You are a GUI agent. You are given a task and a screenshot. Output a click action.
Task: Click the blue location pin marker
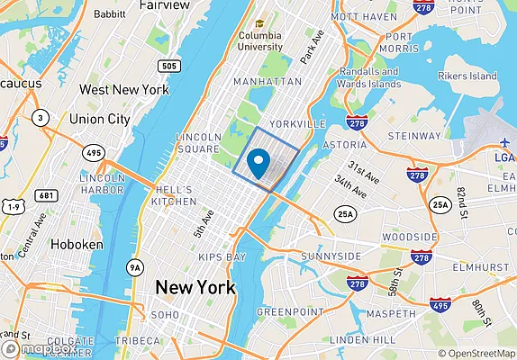tap(258, 164)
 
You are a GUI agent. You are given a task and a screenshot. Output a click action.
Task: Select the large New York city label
tap(195, 288)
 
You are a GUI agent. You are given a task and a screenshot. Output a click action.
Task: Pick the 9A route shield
tap(135, 266)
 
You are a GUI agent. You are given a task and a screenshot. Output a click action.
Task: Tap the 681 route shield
tap(48, 195)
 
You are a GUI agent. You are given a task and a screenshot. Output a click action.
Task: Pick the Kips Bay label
tap(222, 257)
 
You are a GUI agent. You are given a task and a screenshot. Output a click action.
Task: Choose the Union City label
tap(99, 118)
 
